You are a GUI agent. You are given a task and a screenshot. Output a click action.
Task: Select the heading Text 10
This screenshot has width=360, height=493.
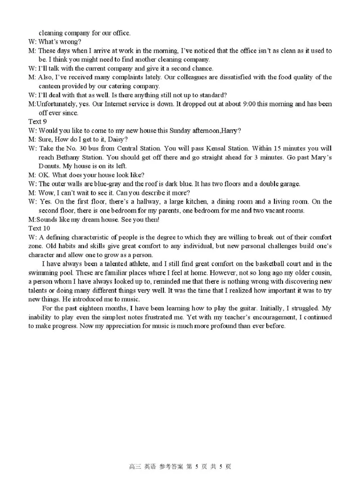[39, 228]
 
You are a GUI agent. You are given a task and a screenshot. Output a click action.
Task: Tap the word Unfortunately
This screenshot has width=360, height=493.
[57, 104]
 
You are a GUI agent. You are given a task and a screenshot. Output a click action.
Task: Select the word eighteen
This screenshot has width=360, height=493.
[92, 308]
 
